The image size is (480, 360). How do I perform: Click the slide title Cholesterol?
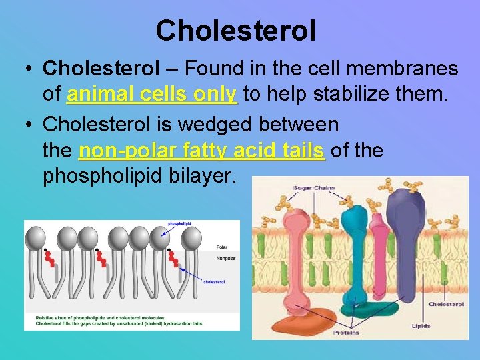click(235, 31)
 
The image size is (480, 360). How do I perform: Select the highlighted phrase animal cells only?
click(152, 94)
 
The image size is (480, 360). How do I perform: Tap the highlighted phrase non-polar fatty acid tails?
click(202, 151)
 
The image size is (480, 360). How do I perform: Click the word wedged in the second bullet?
click(217, 124)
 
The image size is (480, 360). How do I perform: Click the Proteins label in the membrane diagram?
click(346, 332)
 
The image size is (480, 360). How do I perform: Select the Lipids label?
click(421, 326)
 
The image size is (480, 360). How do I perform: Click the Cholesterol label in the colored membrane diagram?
click(446, 304)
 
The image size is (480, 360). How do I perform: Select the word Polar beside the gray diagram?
click(222, 247)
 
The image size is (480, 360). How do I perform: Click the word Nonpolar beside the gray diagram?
click(225, 259)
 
